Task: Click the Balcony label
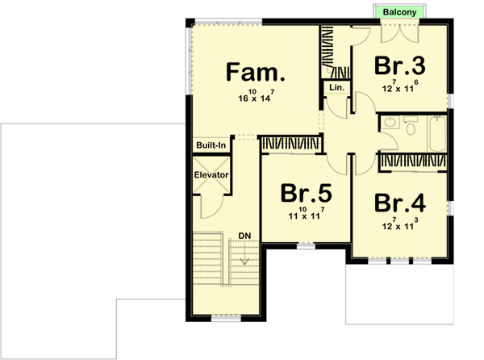pos(400,13)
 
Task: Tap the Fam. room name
pos(255,73)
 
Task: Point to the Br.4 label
pos(401,202)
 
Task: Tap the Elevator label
pos(212,174)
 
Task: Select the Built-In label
pos(211,144)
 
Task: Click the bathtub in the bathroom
pos(439,134)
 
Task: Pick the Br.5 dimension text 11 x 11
pos(306,216)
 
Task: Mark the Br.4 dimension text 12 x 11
pos(400,225)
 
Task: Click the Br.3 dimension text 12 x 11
pos(400,88)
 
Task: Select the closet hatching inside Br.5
pos(291,143)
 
